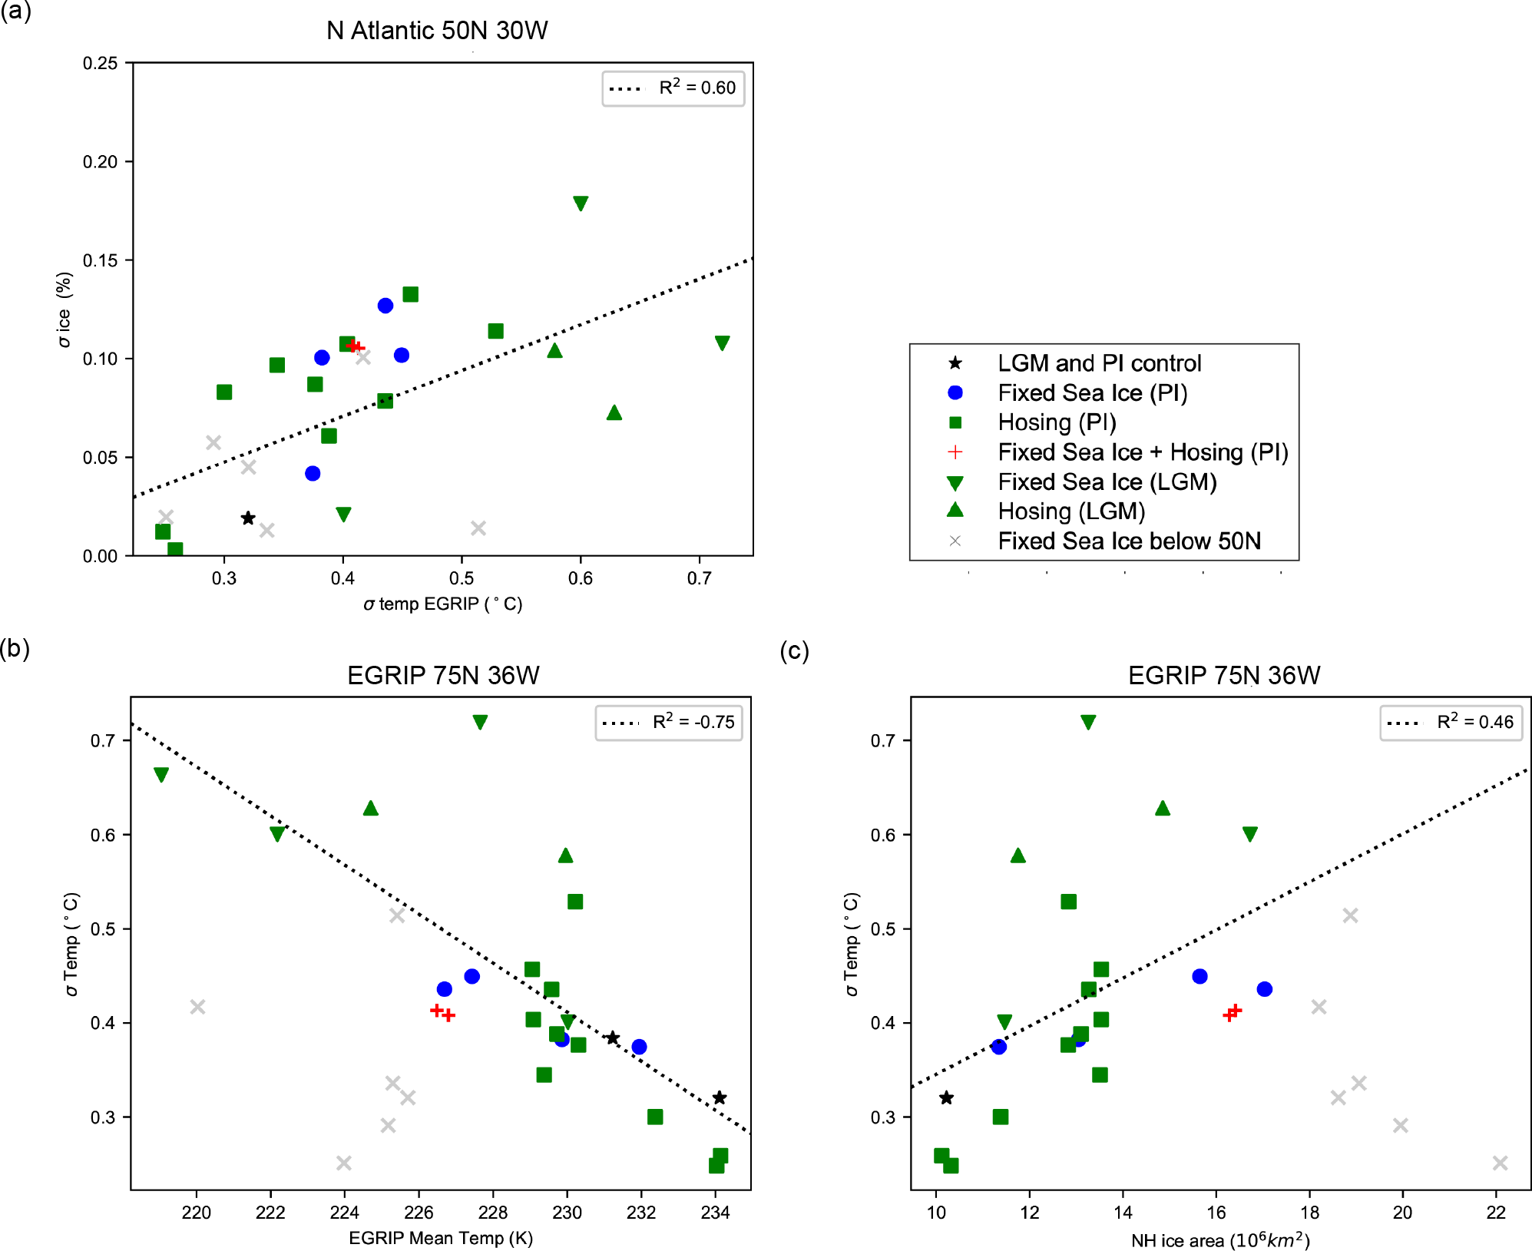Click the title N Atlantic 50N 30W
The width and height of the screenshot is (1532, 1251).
click(x=437, y=31)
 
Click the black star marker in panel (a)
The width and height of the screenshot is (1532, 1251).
click(x=248, y=518)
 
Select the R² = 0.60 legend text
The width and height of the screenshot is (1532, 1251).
click(x=697, y=88)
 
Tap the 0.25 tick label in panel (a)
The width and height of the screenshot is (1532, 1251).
click(x=100, y=64)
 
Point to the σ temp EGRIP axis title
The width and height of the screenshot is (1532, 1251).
click(x=443, y=604)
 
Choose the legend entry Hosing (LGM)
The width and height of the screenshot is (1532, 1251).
click(x=1071, y=511)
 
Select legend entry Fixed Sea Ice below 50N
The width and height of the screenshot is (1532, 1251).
click(x=1129, y=541)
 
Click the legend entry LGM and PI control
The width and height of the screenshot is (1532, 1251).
click(x=1099, y=363)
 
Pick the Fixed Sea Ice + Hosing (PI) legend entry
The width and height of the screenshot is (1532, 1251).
click(x=1143, y=452)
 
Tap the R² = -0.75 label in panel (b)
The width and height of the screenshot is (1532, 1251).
click(x=693, y=722)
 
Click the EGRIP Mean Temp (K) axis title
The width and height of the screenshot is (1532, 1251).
click(x=441, y=1238)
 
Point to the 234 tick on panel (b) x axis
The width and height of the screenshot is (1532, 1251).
click(x=715, y=1213)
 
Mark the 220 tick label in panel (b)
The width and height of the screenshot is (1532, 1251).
click(x=197, y=1213)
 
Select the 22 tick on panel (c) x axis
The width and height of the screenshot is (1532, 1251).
click(x=1496, y=1213)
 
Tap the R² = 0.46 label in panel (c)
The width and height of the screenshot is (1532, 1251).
click(x=1474, y=722)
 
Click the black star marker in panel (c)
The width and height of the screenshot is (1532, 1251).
click(x=947, y=1098)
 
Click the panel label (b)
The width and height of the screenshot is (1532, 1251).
click(x=15, y=649)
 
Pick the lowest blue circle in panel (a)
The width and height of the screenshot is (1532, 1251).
click(x=313, y=474)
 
